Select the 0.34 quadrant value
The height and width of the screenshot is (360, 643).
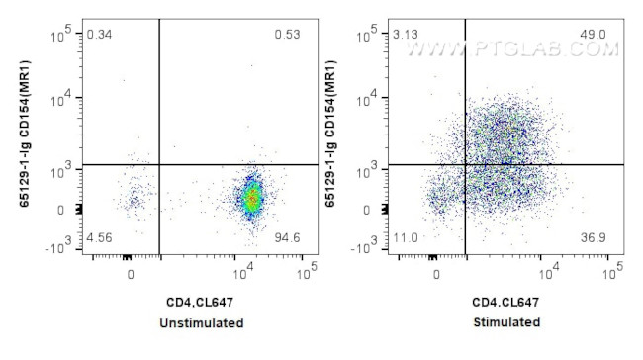point(100,36)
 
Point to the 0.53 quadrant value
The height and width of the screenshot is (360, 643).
point(288,36)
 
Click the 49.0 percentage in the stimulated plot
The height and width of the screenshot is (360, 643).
point(594,36)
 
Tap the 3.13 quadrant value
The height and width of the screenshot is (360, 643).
point(405,36)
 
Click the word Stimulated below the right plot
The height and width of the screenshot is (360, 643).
point(505,322)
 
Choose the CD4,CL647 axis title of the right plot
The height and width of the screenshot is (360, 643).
point(505,302)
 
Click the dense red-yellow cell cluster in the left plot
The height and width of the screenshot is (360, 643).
point(252,198)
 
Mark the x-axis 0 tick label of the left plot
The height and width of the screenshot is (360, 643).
point(132,273)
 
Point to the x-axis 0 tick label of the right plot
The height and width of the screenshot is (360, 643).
point(437,273)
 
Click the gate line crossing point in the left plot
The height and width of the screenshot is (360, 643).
point(159,164)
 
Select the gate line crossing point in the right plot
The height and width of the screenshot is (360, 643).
point(465,164)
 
